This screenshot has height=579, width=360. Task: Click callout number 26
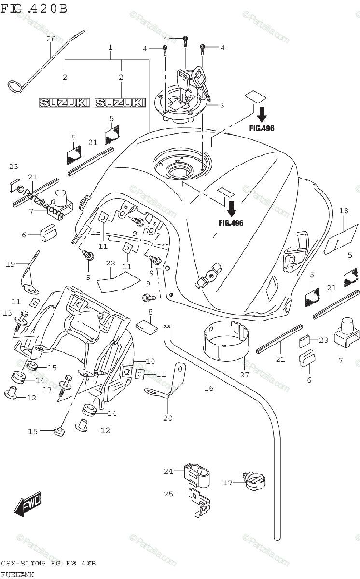51,39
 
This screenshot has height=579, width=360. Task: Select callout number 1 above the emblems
111,47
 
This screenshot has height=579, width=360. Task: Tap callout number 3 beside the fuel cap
222,105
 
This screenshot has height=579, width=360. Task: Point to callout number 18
344,210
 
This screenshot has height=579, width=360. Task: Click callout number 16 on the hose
208,387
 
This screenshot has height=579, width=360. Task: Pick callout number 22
111,263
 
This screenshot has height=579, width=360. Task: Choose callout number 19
11,263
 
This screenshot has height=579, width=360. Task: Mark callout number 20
167,418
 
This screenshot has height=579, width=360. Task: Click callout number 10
150,361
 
